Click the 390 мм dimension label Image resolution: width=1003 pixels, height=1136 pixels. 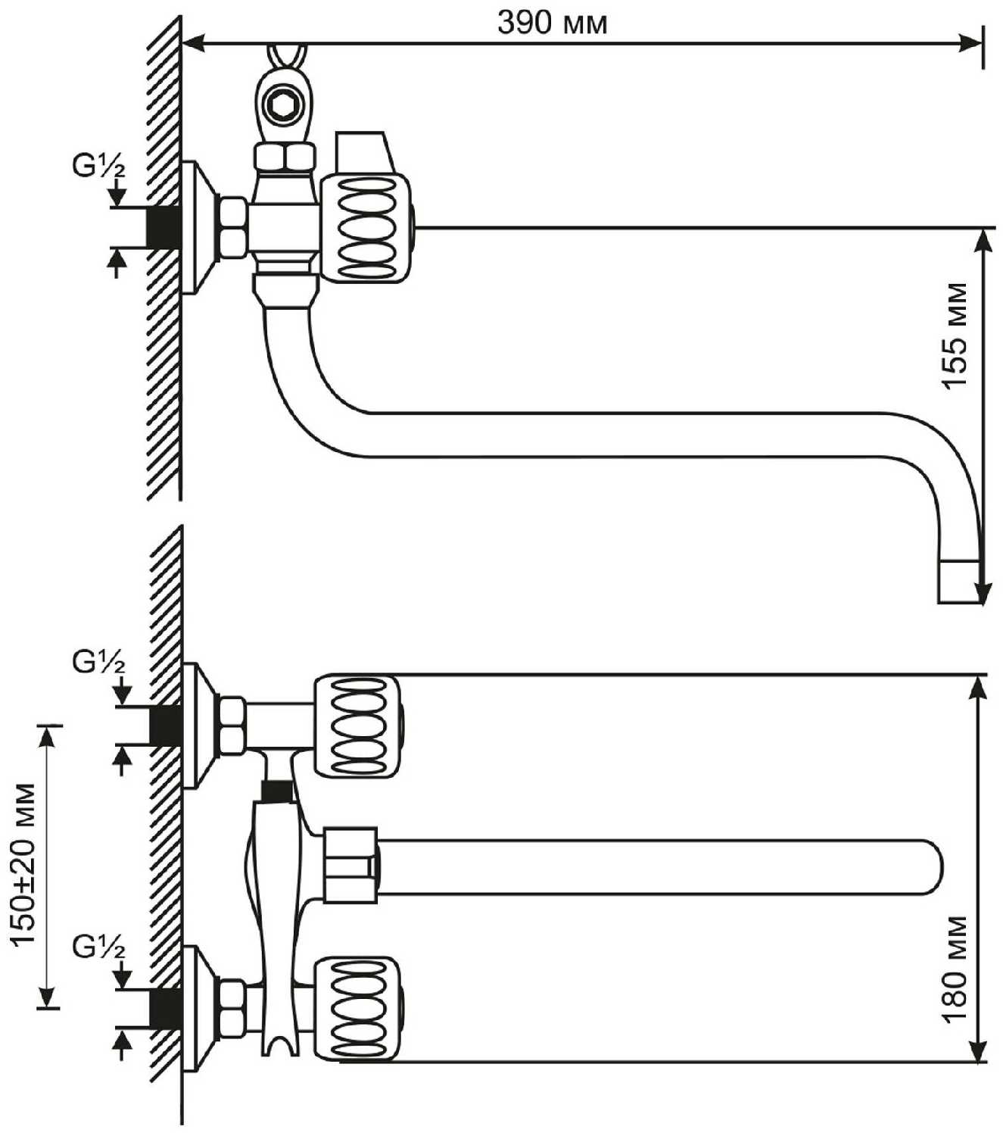point(552,23)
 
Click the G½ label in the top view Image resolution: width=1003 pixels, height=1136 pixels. point(99,167)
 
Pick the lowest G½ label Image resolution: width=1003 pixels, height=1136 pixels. point(99,947)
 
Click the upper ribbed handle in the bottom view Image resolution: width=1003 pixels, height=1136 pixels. point(357,726)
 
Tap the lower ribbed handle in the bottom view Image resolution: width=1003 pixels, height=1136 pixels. point(357,1007)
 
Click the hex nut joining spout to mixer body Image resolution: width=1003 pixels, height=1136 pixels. point(350,866)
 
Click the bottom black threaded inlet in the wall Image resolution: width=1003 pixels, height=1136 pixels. point(166,1008)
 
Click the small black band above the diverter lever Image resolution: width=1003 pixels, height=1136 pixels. point(276,792)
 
